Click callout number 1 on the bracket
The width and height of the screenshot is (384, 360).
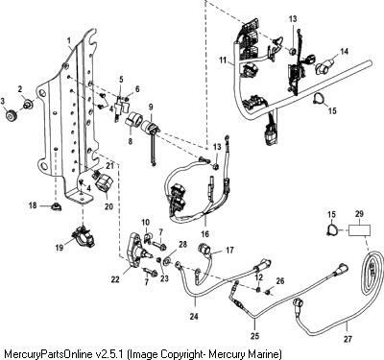[x=68, y=40]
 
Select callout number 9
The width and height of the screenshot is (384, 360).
[x=151, y=106]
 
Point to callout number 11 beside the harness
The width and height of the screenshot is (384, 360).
[x=223, y=60]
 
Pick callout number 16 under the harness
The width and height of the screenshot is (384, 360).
[x=204, y=234]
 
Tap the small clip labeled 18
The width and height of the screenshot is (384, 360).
[x=56, y=206]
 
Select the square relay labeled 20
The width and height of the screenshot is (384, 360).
[x=104, y=185]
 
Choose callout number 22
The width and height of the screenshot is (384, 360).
[x=115, y=279]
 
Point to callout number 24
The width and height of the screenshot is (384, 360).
[x=194, y=317]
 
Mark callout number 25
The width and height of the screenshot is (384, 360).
[x=255, y=336]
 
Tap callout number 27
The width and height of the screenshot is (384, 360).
[x=348, y=339]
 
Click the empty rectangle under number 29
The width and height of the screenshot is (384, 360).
[x=359, y=230]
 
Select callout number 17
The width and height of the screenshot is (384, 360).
[x=229, y=250]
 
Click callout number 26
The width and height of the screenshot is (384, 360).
[x=280, y=281]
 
